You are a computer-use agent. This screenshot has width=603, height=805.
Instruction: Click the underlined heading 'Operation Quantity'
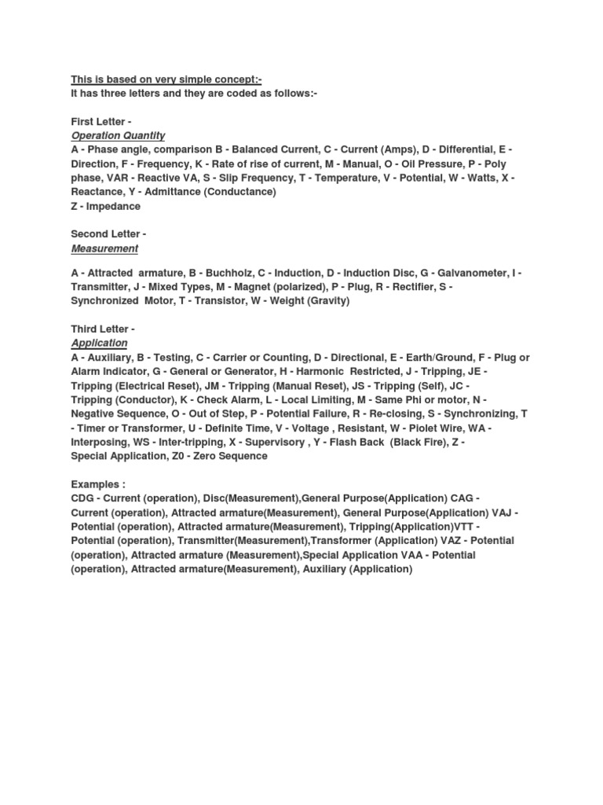pos(118,135)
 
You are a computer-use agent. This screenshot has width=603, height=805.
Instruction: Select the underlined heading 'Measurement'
pos(104,248)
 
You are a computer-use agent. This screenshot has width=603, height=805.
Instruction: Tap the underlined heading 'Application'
pos(99,343)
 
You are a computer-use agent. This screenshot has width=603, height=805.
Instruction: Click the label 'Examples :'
pos(98,484)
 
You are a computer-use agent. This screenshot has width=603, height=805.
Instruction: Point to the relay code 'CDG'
pos(82,498)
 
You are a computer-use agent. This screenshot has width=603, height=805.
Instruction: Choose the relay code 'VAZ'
pos(445,541)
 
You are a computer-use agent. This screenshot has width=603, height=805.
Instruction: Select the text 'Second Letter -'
pos(108,234)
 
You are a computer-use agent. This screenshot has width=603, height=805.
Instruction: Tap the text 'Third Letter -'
pos(103,329)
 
